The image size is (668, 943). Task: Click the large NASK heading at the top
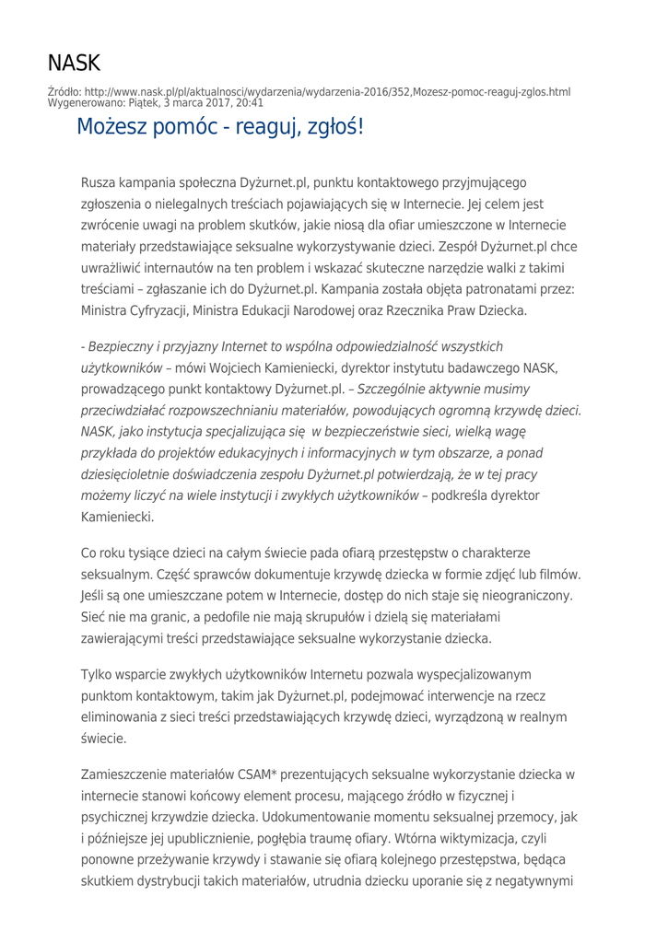pos(74,64)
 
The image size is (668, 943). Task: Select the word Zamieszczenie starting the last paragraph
pos(125,774)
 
